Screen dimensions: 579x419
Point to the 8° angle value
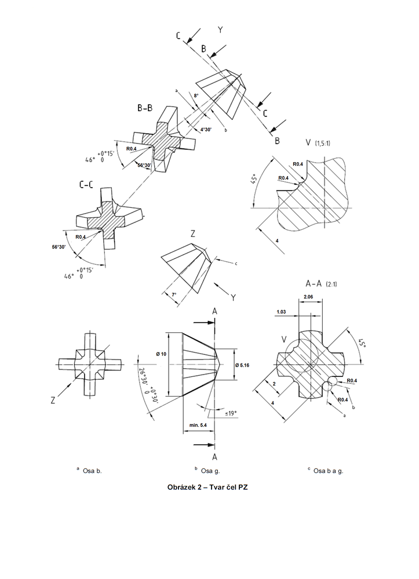coord(196,96)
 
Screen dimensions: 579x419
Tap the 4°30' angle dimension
coord(206,130)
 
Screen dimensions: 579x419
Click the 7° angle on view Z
coord(173,295)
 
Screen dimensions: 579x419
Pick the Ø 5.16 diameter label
coord(244,364)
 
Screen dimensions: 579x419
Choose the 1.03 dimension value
coord(282,312)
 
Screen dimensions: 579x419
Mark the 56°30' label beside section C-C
coord(59,247)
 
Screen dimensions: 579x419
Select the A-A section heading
coord(318,283)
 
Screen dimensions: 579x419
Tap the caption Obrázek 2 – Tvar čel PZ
coord(209,487)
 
